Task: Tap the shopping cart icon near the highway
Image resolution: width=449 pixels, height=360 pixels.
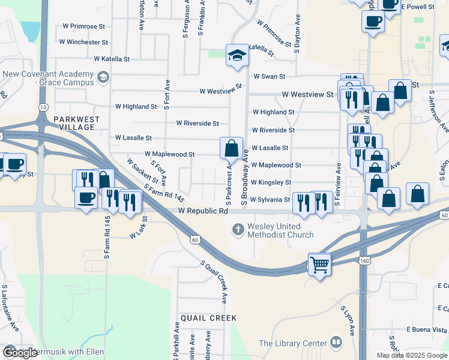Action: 319,263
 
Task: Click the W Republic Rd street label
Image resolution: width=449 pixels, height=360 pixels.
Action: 203,211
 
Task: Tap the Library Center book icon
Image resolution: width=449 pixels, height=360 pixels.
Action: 336,343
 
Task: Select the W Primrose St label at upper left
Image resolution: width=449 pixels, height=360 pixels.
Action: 83,27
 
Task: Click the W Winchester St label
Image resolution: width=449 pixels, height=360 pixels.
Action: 83,43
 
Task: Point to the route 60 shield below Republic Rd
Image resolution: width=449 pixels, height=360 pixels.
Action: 194,239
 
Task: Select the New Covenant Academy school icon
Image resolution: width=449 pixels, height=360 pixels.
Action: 103,77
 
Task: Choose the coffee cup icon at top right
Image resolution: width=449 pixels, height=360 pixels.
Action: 373,22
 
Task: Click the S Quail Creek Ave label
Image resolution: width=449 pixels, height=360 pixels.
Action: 215,281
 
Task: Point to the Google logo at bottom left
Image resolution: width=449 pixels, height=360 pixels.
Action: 20,353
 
